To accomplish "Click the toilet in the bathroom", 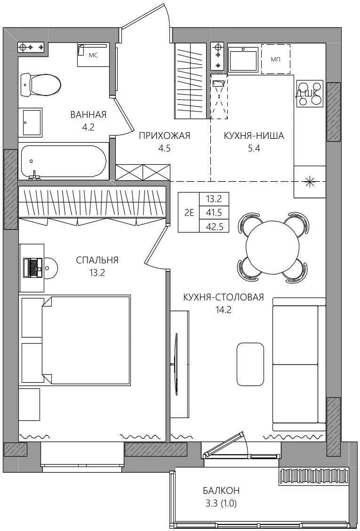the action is point(40,85).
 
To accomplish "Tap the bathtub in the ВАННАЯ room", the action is point(64,161).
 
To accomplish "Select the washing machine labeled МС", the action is point(94,55).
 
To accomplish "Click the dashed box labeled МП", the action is point(275,59).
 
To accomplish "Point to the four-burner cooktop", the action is point(310,94).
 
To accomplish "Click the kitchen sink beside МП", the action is point(243,59).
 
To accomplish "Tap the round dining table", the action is point(273,248).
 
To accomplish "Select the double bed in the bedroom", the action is point(86,340).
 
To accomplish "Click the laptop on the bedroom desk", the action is point(32,267).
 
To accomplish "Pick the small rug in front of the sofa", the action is point(250,364).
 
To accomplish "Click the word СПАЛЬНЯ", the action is point(97,260).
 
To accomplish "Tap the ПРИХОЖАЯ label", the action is point(165,136).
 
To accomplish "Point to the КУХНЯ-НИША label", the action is point(254,136).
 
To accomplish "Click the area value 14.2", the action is point(223,309).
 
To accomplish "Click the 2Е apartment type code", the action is point(189,213).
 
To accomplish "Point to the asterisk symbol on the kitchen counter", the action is point(309,182).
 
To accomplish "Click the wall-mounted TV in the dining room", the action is point(176,364).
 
